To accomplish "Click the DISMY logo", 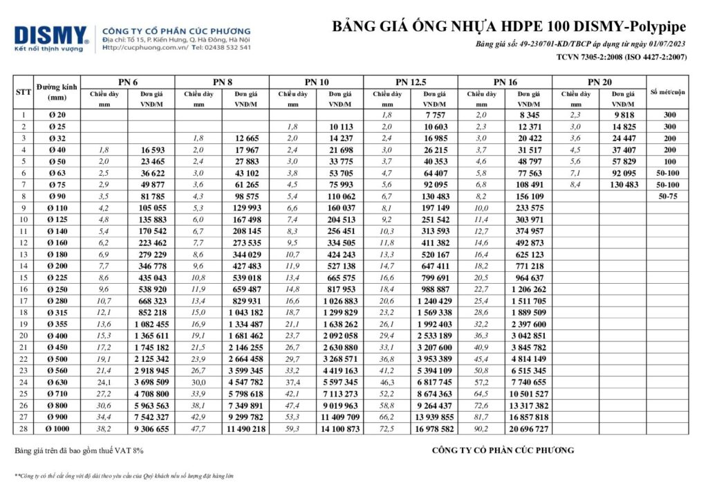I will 50,37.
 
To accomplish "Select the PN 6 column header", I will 128,82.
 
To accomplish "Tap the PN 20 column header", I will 599,82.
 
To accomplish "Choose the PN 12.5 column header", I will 410,82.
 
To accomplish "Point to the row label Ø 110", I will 57,208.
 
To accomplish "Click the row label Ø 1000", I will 57,429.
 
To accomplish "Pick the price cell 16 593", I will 153,149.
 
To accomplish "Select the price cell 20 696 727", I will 529,429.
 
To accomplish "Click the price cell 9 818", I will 624,114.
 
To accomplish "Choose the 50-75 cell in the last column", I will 667,197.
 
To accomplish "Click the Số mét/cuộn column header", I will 667,92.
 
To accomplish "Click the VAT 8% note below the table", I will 80,450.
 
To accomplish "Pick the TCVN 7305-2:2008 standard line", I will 621,57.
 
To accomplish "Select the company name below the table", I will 503,450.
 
